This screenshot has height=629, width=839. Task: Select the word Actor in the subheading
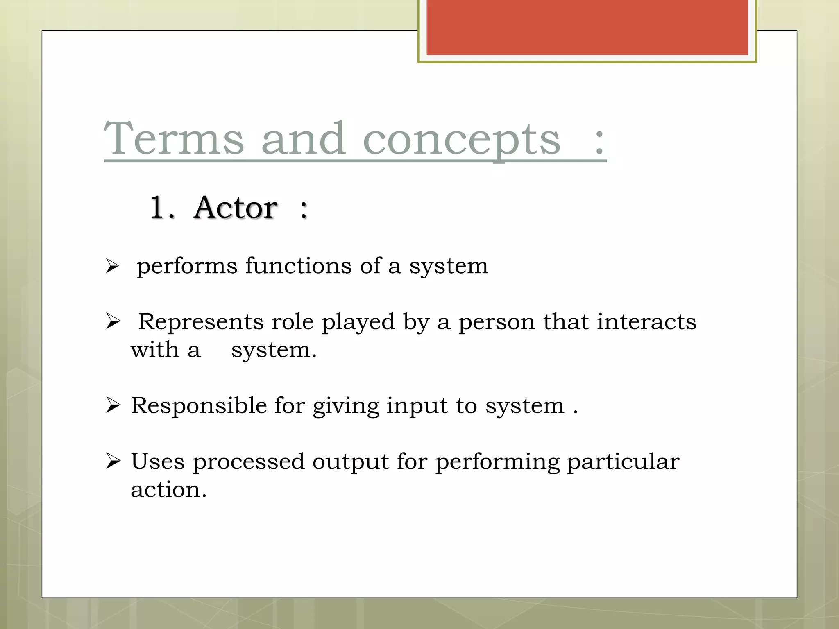[236, 208]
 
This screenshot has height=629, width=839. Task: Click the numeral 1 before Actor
[158, 208]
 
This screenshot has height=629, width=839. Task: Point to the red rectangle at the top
[587, 27]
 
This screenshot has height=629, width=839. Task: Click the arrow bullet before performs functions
[112, 266]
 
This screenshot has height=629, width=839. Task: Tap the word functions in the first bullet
[298, 266]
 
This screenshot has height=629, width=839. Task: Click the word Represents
[201, 322]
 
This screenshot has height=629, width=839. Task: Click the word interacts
[646, 322]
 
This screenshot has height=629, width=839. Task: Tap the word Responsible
[199, 406]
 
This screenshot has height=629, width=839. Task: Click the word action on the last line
[168, 490]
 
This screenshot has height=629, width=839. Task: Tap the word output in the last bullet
[350, 462]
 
